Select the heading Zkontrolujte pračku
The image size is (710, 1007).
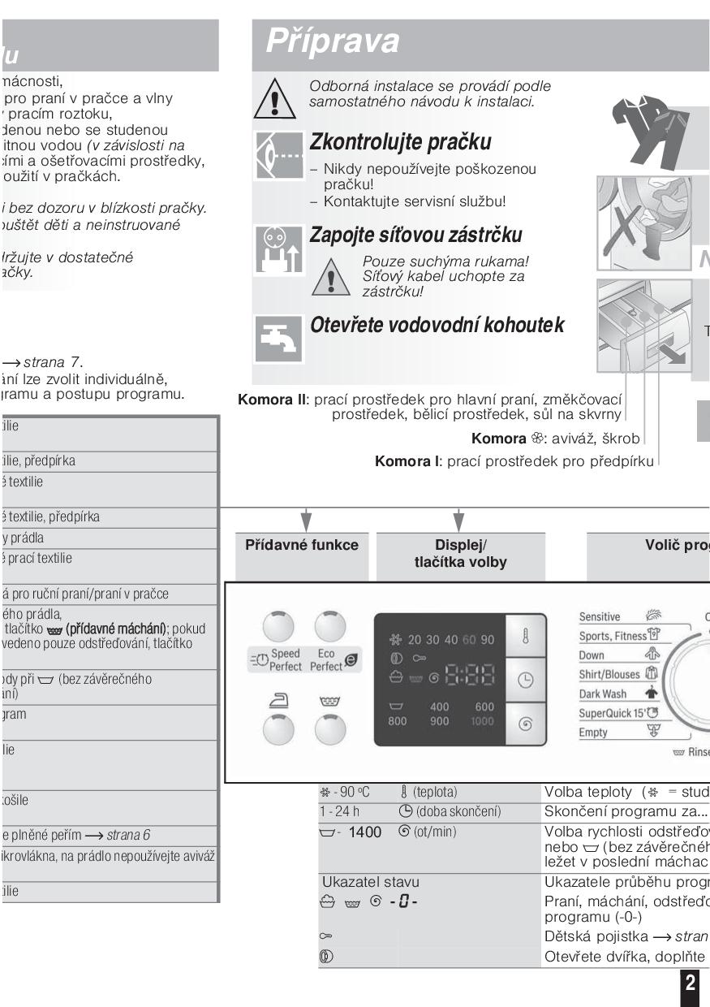[x=401, y=142]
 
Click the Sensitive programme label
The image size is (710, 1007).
[x=600, y=617]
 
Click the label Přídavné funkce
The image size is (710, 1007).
[x=302, y=546]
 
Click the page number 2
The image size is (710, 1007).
[x=690, y=983]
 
